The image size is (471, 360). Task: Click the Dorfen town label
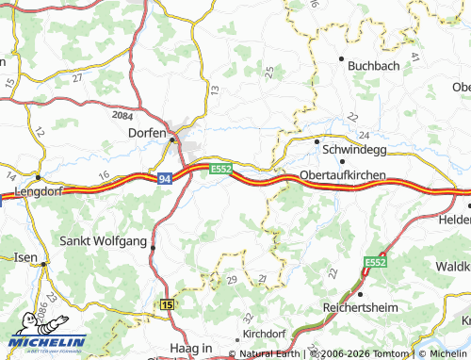pyautogui.click(x=146, y=134)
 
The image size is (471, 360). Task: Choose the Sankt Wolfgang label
pyautogui.click(x=103, y=241)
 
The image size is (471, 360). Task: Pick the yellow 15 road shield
pyautogui.click(x=168, y=305)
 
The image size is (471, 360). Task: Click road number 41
pyautogui.click(x=414, y=58)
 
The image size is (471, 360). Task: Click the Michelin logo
pyautogui.click(x=47, y=341)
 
